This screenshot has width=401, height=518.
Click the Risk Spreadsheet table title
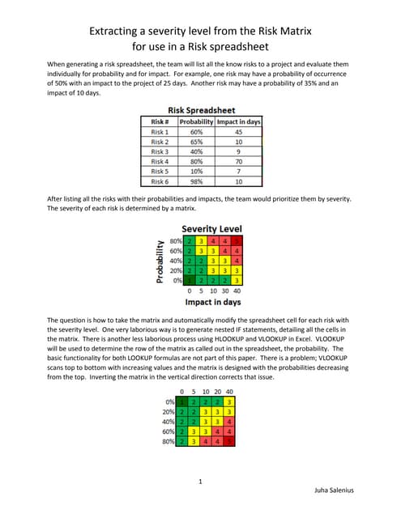[x=200, y=110]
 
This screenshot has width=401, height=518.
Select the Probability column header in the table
[x=195, y=121]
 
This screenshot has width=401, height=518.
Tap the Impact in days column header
[x=238, y=121]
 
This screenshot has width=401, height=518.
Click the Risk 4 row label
[x=160, y=161]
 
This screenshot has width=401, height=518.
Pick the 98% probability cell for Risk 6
[x=195, y=181]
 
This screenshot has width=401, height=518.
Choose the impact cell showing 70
[x=238, y=161]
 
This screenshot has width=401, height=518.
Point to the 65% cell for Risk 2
[x=195, y=141]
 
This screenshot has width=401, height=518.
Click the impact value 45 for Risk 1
[x=238, y=131]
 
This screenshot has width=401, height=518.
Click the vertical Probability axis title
[x=157, y=261]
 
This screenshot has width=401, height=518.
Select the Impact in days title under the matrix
[x=211, y=301]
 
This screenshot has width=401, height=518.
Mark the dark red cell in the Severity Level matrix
[x=237, y=241]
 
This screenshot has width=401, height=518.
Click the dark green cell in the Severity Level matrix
[x=189, y=280]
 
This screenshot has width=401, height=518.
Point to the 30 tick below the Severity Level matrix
[x=224, y=290]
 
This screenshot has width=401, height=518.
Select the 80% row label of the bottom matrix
[x=169, y=441]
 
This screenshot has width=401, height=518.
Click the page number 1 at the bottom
[x=199, y=482]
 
